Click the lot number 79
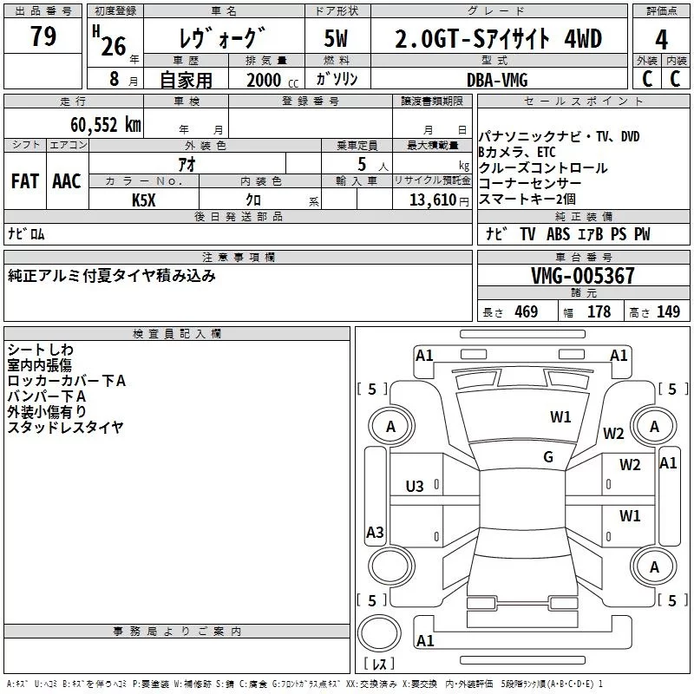point(43,37)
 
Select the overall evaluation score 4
point(662,39)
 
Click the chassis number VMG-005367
point(583,276)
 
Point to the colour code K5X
point(144,200)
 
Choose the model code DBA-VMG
point(497,79)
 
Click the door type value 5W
point(336,39)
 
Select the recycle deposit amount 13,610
point(432,200)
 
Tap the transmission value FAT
point(25,181)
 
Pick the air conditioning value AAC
point(67,181)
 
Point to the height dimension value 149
point(668,312)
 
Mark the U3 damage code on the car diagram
point(415,486)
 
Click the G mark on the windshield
point(548,457)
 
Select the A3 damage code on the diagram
point(375,533)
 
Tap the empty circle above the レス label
point(379,632)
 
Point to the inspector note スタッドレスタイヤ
point(65,427)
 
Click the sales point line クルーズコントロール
point(543,168)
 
